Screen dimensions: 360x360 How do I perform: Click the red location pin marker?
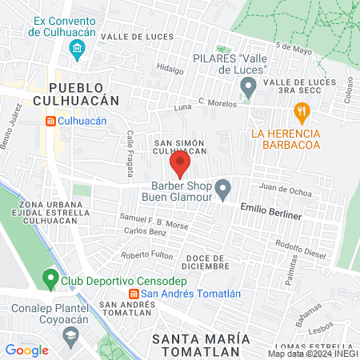pos(180,165)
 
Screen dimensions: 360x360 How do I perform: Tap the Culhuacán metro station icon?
pos(50,121)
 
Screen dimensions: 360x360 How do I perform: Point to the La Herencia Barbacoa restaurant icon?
pos(302,110)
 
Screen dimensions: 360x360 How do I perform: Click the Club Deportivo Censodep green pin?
pos(50,279)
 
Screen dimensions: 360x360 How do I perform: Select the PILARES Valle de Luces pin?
pos(248,86)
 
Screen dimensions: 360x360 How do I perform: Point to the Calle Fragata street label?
pos(130,154)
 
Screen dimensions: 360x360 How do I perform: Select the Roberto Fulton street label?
pos(146,255)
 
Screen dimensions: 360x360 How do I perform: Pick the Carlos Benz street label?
pos(144,232)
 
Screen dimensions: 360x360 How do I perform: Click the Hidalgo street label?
pos(170,69)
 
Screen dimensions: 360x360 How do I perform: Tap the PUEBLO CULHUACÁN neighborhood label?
pos(83,93)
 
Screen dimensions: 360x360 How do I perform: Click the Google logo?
pos(26,350)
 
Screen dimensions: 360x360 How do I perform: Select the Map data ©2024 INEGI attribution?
pos(312,354)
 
